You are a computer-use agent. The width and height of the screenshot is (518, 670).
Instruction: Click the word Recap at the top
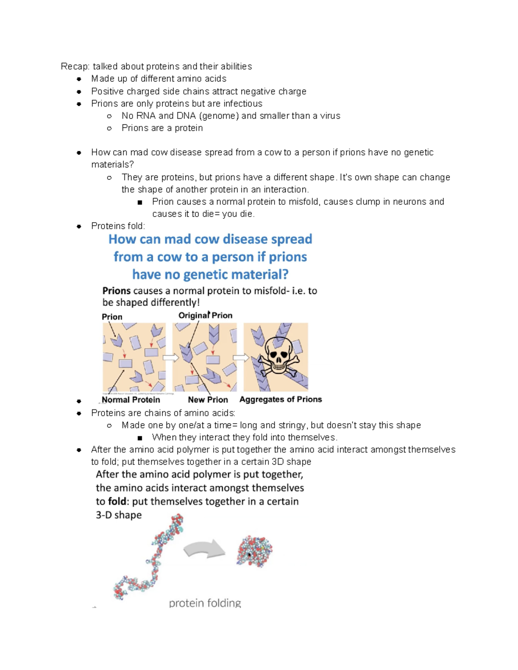click(x=75, y=66)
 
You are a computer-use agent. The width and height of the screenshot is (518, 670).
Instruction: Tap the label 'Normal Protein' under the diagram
click(x=131, y=400)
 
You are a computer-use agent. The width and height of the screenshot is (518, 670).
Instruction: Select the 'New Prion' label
click(x=208, y=400)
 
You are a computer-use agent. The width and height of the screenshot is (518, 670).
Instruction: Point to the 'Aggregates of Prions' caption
click(x=281, y=399)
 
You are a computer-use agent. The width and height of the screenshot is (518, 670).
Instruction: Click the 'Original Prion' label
click(x=205, y=315)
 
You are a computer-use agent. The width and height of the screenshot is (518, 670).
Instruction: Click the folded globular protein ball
click(x=255, y=551)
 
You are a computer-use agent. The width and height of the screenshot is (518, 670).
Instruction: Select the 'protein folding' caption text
click(x=205, y=603)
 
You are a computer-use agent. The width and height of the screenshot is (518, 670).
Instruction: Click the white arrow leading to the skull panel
click(x=240, y=358)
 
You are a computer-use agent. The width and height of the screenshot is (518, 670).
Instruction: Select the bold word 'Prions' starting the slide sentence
click(x=116, y=291)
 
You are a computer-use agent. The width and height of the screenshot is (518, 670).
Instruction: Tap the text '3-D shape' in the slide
click(x=119, y=515)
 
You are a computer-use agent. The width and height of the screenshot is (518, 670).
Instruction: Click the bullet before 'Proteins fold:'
click(x=79, y=226)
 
